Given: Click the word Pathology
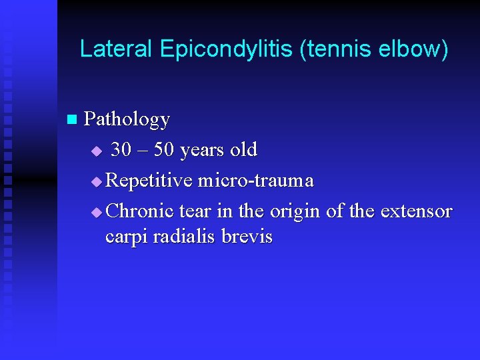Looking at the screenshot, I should point(127,120).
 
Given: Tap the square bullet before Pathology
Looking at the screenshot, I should point(72,120).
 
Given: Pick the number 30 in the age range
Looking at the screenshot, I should point(121,150).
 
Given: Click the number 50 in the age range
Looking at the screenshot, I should point(164,150).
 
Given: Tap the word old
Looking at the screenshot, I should point(243,150).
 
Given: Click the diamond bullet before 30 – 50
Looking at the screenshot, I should point(97,151).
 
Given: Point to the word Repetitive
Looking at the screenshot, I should point(149,181).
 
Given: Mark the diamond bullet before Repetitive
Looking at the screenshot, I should point(97,181).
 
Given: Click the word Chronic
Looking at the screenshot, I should point(140,211).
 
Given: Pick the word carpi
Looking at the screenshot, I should point(127,238).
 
